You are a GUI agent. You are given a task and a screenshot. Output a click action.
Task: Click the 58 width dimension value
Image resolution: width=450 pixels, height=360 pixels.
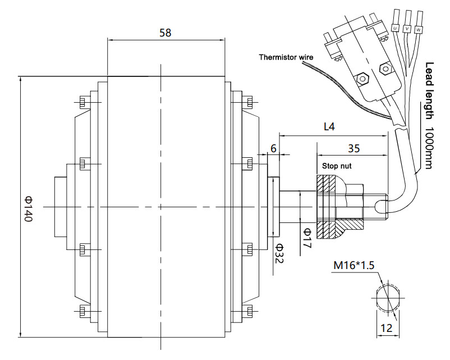point(166,33)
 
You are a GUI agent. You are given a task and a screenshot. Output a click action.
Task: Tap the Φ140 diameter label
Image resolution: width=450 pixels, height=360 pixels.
point(29,208)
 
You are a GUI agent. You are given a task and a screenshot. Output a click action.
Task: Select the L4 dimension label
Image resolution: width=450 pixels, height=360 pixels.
point(329,126)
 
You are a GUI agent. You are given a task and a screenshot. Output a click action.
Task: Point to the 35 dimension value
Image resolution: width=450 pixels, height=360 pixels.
point(353,148)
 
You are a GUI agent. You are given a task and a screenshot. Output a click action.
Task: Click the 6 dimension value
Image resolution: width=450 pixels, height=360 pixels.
point(273,148)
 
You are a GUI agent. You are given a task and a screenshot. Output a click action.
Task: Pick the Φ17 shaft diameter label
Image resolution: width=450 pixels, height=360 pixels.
point(307,238)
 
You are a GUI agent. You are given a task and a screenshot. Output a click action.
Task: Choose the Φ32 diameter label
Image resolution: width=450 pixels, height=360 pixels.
point(279,253)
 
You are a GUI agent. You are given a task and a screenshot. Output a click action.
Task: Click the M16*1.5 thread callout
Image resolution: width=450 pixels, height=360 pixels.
point(354,265)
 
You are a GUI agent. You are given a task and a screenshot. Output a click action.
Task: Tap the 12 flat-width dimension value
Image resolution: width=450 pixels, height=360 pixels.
point(386,328)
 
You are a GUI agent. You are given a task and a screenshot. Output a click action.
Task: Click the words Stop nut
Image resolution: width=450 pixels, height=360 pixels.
point(337,166)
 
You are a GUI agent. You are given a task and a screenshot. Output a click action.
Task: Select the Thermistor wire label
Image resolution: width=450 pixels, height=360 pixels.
point(286,57)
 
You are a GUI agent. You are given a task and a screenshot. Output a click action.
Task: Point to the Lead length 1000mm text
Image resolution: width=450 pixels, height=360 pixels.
point(429,116)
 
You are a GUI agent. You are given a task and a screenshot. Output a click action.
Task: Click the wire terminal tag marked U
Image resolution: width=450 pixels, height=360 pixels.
point(395,28)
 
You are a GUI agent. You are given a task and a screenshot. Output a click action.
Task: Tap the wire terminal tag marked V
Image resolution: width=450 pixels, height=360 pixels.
point(407,29)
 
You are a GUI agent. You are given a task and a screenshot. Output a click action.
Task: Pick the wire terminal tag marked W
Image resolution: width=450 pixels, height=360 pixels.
point(419,30)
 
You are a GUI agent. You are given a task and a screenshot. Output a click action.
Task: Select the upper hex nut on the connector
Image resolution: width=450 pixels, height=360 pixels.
point(385,69)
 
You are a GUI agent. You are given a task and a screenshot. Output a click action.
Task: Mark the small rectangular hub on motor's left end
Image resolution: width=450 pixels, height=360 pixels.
point(61,207)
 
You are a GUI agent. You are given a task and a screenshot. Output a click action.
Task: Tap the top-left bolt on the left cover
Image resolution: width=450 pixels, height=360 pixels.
point(82,102)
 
